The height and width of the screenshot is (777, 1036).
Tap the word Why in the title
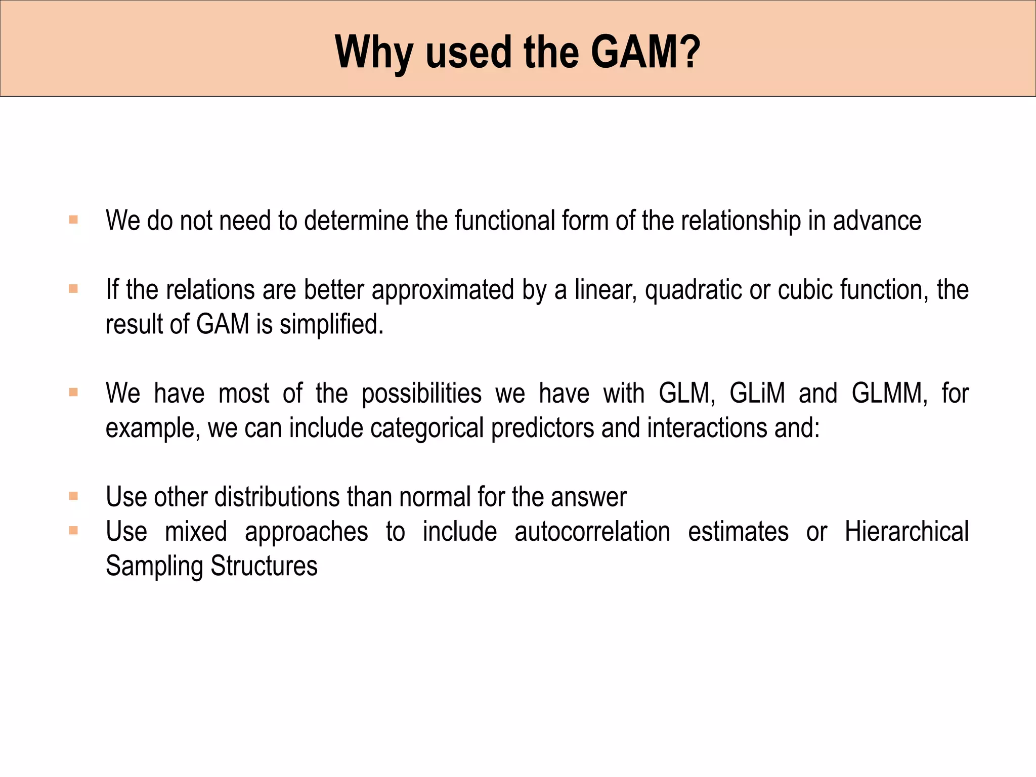point(373,52)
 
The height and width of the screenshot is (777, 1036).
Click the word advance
point(877,221)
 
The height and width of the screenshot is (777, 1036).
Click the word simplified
point(331,324)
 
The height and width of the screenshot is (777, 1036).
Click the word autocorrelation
point(592,532)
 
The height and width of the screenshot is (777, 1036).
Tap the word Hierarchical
point(906,532)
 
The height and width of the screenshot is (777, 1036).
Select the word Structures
point(264,566)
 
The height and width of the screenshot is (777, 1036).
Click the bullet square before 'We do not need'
point(74,220)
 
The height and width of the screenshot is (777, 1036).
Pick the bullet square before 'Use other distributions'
point(74,496)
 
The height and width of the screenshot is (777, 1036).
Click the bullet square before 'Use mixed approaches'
point(74,531)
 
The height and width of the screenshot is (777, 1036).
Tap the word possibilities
point(421,394)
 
